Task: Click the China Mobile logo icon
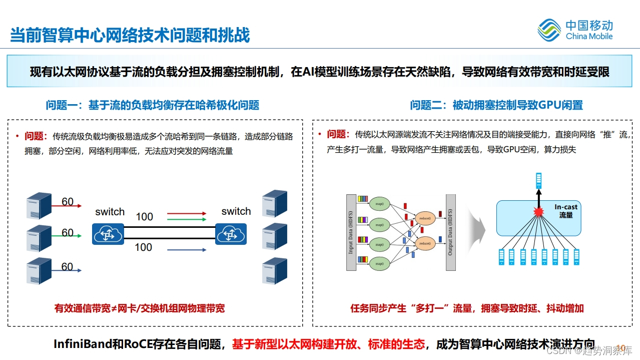click(549, 30)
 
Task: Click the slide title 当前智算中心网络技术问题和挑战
click(130, 35)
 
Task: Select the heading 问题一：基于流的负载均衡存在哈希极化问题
click(153, 105)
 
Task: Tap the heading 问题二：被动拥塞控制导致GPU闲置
click(496, 105)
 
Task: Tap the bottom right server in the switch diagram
click(275, 270)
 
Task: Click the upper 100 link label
click(144, 217)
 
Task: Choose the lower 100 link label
click(143, 247)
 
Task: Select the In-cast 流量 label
click(566, 211)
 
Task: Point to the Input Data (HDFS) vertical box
click(351, 232)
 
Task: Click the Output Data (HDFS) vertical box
click(450, 232)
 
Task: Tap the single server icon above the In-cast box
click(539, 180)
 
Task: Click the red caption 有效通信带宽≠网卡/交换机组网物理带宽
click(140, 308)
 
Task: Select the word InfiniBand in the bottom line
click(82, 344)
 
